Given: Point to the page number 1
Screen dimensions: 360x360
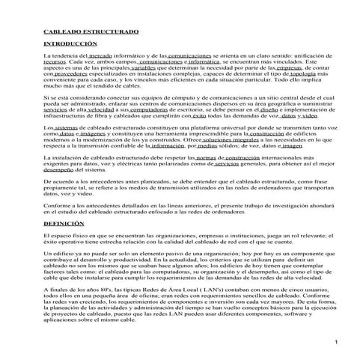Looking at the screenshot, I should [x=338, y=342].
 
